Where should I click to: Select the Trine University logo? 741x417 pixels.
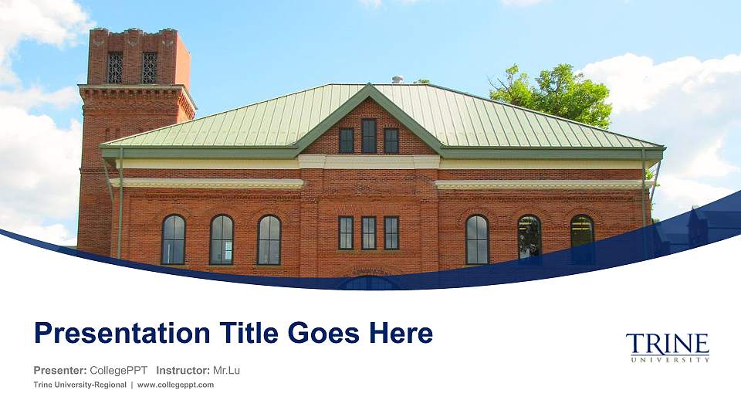(x=667, y=347)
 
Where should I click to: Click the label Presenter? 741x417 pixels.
(x=59, y=371)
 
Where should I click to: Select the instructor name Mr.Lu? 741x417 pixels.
(x=226, y=371)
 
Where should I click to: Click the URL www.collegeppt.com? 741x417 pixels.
(x=175, y=385)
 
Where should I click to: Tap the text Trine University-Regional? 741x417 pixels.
(x=80, y=385)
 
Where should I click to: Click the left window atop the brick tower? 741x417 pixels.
(x=115, y=68)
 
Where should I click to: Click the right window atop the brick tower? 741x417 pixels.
(x=149, y=68)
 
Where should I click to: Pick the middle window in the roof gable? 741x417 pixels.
(x=369, y=136)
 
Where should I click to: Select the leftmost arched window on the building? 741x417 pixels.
(x=173, y=239)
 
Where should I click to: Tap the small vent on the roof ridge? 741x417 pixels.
(x=398, y=80)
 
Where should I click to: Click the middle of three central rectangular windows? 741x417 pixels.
(x=369, y=232)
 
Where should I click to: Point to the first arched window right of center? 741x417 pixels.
(x=477, y=239)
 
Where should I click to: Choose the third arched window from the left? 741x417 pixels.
(x=269, y=239)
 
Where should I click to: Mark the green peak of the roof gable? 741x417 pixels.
(x=369, y=90)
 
